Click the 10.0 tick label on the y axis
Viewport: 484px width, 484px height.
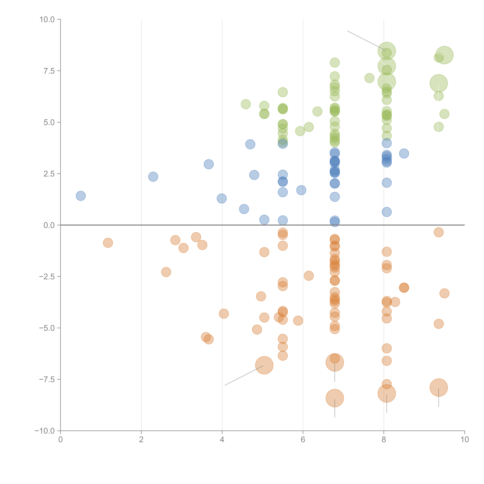[x=47, y=20]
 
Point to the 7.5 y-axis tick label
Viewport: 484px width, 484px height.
[x=49, y=71]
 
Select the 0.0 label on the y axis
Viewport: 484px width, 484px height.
[x=49, y=225]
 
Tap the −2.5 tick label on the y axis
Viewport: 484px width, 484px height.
[x=47, y=277]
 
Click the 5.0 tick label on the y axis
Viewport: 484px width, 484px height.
[x=49, y=123]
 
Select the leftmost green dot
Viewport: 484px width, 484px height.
[x=246, y=104]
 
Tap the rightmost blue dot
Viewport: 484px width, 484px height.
[x=404, y=153]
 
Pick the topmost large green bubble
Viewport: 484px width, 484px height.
[x=387, y=51]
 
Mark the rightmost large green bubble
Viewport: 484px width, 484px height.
[x=444, y=55]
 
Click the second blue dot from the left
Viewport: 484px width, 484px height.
[x=153, y=177]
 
